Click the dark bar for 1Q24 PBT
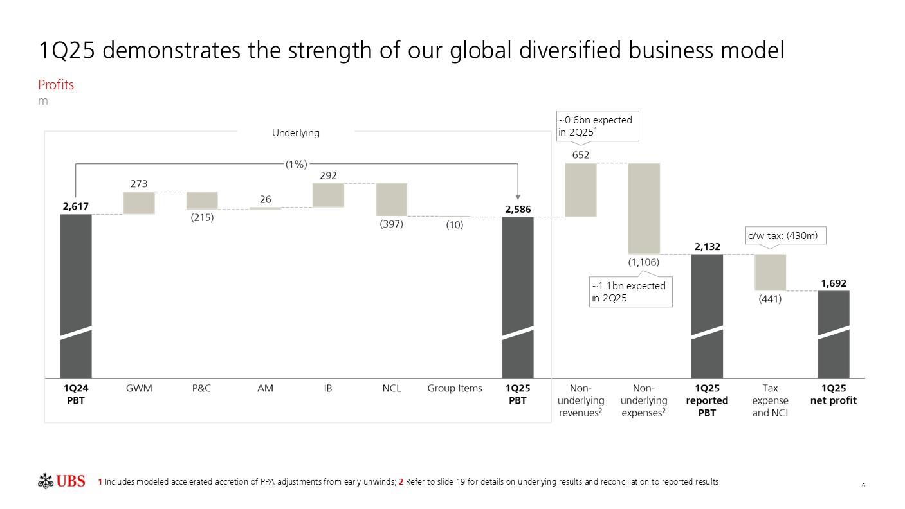click(x=76, y=296)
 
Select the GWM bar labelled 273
click(x=139, y=202)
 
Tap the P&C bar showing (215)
click(x=202, y=200)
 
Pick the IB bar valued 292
click(x=328, y=195)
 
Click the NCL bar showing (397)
click(x=391, y=199)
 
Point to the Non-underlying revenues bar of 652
click(x=581, y=190)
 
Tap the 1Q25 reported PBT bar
click(x=707, y=315)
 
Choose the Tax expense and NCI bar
click(x=770, y=272)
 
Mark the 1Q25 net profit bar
click(x=834, y=334)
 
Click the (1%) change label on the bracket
click(x=297, y=164)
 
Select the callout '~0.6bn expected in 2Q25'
click(x=597, y=126)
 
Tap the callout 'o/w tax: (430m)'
click(x=785, y=236)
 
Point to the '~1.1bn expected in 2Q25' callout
click(x=630, y=292)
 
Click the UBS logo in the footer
click(x=62, y=481)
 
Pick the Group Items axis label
click(x=455, y=388)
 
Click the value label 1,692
click(x=834, y=283)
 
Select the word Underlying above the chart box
click(x=296, y=132)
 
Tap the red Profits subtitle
click(x=56, y=85)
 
